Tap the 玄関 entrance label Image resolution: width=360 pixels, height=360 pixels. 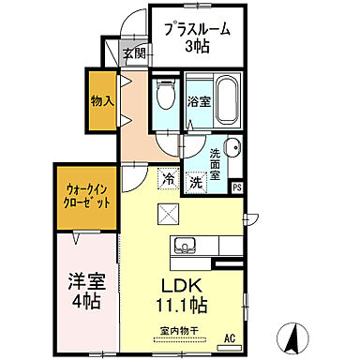134,53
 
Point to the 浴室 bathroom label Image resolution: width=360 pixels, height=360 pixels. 198,101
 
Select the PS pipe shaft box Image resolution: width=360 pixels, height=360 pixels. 237,187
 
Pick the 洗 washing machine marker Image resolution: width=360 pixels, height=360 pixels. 195,183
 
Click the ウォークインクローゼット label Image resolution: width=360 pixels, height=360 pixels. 85,195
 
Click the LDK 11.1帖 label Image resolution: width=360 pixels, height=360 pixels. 178,294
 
